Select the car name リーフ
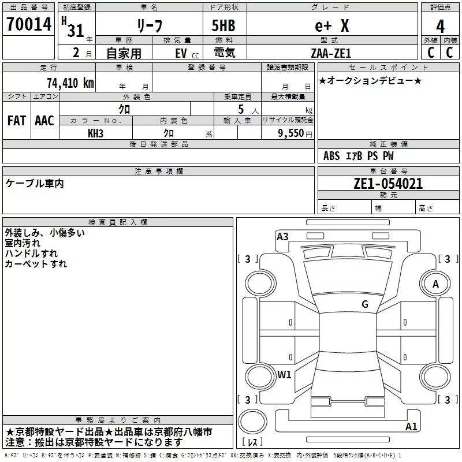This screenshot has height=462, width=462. [148, 26]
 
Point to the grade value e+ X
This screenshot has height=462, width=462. [331, 26]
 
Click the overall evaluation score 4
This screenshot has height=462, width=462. [441, 26]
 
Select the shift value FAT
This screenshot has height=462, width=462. [16, 121]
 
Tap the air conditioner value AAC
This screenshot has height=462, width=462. [44, 121]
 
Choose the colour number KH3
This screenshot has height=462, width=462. [95, 133]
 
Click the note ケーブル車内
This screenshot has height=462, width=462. [35, 184]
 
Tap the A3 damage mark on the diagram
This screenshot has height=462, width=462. [282, 236]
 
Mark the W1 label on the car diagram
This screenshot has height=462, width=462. [284, 374]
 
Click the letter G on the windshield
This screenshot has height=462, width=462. [364, 304]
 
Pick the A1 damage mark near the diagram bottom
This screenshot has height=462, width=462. [411, 427]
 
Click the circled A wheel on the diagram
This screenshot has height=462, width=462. [435, 284]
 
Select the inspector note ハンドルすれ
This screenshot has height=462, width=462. [31, 254]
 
